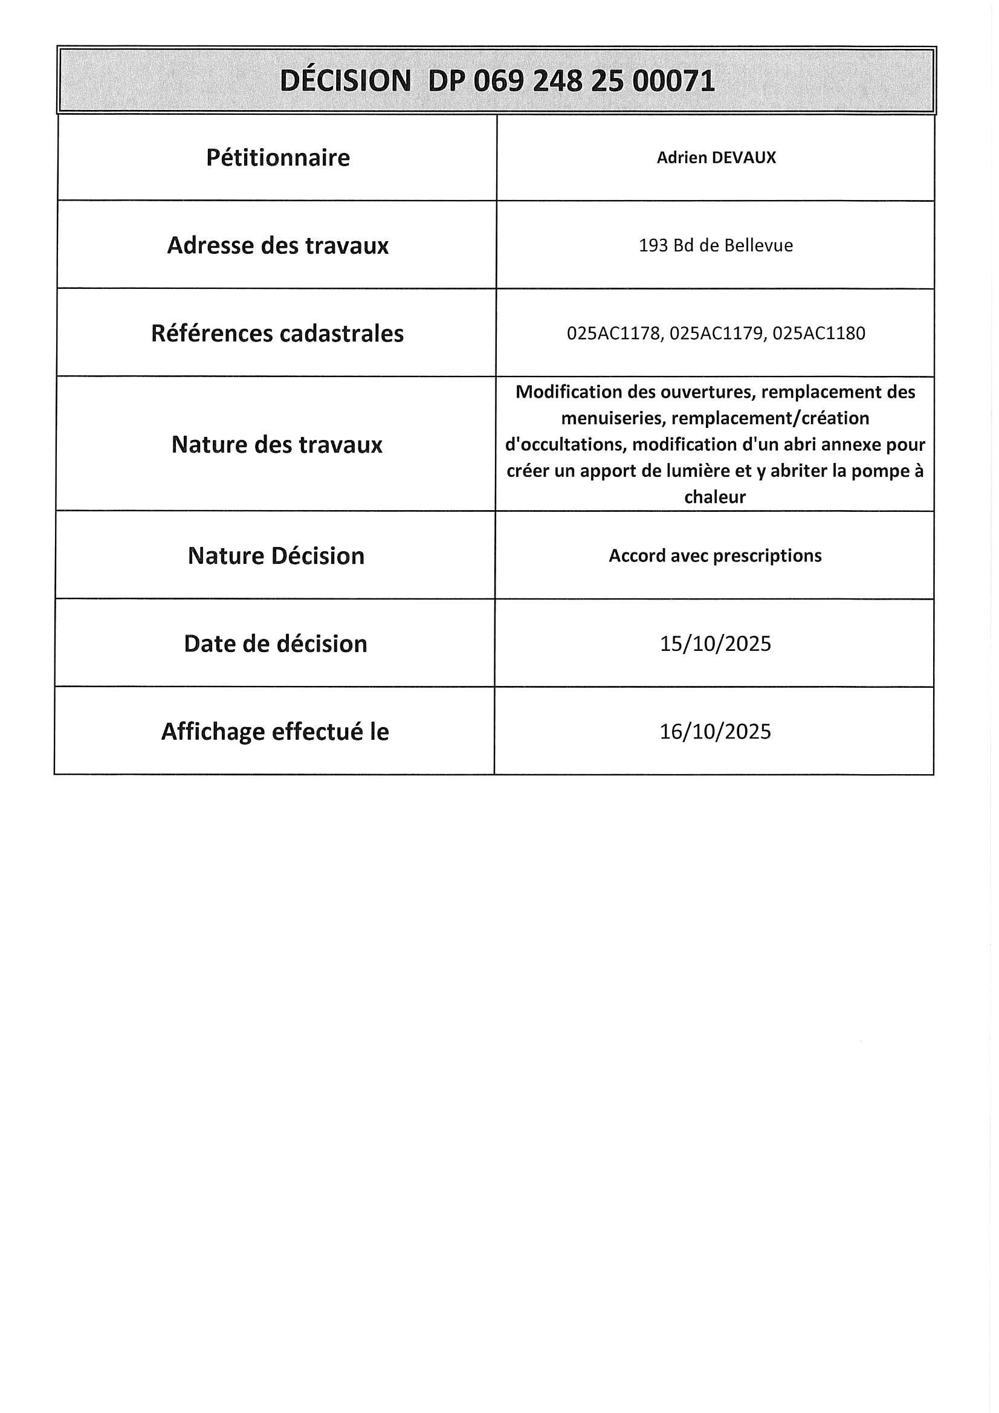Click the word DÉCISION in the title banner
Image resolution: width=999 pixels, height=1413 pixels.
[345, 80]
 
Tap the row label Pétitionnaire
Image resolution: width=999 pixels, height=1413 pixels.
[277, 158]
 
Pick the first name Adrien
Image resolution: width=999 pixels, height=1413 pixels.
[682, 158]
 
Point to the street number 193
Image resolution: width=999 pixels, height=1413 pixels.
[653, 245]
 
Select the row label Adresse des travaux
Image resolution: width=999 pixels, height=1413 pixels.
[277, 245]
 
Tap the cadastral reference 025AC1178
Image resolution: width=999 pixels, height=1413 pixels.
[613, 334]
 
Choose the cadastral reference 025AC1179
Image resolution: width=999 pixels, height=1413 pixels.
[716, 334]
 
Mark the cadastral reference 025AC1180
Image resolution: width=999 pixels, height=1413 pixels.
[819, 334]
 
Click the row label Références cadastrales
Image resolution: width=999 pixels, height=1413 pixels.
[277, 334]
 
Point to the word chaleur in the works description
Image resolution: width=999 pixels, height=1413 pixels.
[714, 497]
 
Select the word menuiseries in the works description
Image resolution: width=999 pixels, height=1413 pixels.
[613, 418]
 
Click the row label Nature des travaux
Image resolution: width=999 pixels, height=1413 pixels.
[276, 444]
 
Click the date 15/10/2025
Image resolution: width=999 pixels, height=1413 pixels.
[714, 644]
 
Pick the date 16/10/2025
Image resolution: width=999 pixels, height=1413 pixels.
[714, 731]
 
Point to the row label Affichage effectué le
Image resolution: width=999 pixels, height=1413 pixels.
[274, 732]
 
